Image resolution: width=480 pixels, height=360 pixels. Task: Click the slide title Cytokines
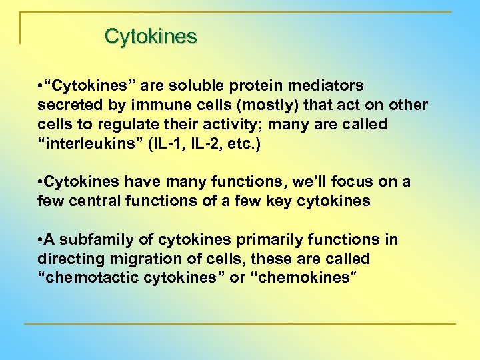click(x=151, y=36)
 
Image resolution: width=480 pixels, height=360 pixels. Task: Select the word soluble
click(x=193, y=86)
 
